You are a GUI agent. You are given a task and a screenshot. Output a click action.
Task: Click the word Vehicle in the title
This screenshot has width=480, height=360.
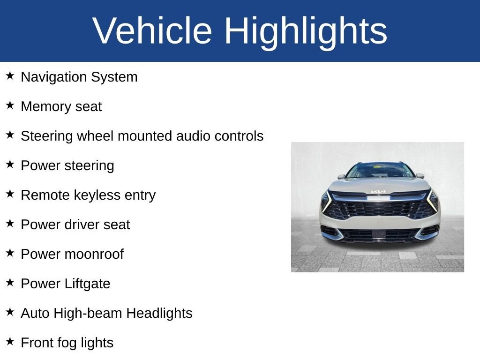tap(152, 30)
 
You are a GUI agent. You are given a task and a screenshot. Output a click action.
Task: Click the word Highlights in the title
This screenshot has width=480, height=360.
tap(306, 32)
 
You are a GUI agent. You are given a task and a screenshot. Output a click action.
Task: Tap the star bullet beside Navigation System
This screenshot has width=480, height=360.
tap(10, 75)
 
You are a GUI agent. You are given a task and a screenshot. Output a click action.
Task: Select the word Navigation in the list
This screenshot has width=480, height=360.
tap(54, 77)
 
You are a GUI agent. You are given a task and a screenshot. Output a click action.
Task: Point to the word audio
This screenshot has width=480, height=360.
tap(194, 136)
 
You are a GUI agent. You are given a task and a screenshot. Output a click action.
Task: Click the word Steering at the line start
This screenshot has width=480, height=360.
tap(47, 136)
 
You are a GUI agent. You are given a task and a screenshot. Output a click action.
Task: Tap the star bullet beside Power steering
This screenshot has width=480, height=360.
tap(10, 164)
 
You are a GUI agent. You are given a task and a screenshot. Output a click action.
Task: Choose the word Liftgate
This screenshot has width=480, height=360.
tap(87, 284)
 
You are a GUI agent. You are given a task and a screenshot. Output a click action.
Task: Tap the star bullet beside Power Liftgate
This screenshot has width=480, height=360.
tap(10, 282)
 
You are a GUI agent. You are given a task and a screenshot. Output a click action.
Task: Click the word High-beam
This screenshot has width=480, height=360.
tap(88, 314)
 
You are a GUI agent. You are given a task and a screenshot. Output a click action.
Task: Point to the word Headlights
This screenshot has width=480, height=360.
tap(159, 314)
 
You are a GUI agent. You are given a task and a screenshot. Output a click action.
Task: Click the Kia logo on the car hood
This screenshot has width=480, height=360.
tap(378, 192)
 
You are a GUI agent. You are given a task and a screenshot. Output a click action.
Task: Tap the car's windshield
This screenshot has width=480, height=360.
tap(380, 171)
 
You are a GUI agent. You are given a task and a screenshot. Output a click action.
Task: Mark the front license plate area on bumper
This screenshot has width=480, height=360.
tap(379, 234)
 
